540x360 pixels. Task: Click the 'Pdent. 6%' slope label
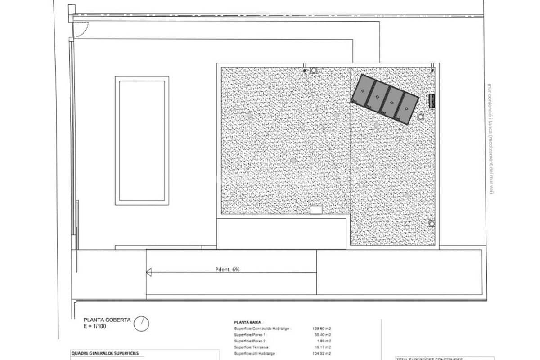(228, 270)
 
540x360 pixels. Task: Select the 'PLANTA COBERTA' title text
(106, 320)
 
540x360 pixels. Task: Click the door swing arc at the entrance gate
(80, 29)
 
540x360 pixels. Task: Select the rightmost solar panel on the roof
(407, 108)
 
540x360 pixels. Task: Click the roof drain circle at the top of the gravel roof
(314, 70)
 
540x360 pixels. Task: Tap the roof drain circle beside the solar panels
(421, 117)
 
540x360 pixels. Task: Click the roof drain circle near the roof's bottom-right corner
(432, 224)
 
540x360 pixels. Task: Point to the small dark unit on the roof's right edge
(432, 101)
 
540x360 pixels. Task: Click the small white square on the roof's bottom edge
(316, 210)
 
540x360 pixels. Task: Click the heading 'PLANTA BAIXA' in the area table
(247, 323)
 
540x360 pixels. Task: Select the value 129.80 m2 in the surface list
(322, 329)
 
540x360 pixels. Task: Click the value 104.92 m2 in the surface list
(322, 353)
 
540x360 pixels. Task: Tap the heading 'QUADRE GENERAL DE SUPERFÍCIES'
(105, 353)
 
